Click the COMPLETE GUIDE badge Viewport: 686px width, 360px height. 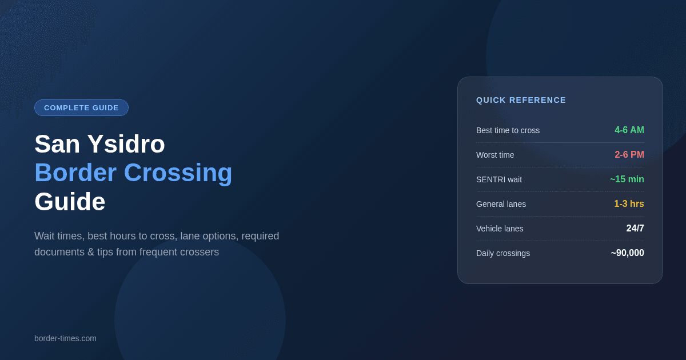(81, 108)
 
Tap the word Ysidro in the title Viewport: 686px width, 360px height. (126, 144)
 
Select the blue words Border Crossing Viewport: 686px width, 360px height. (133, 173)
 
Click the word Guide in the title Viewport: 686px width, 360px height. (70, 202)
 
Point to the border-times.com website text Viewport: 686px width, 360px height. (65, 338)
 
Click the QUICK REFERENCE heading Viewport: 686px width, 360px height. (521, 100)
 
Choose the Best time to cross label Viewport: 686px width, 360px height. (508, 130)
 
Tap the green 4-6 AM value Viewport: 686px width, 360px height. (629, 130)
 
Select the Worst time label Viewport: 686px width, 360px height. (495, 155)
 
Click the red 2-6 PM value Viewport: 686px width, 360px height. (629, 155)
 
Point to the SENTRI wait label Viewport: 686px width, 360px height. (499, 179)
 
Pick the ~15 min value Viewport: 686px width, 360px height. (627, 179)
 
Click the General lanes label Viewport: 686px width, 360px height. (501, 204)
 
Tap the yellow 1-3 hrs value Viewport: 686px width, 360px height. (629, 203)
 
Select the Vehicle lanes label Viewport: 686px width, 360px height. (500, 229)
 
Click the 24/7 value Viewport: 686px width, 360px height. (635, 228)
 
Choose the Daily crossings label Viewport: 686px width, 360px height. (503, 253)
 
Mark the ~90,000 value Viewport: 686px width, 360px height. (628, 253)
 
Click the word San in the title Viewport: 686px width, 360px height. (57, 144)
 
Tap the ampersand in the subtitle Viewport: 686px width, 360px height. (91, 252)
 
